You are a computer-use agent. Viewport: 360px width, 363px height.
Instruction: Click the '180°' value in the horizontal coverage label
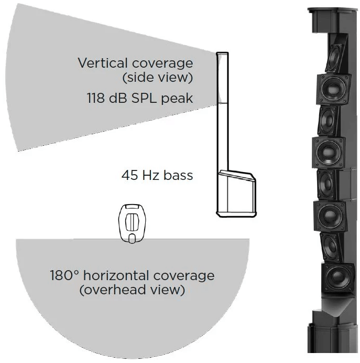point(64,275)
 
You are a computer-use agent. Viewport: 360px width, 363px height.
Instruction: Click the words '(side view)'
point(157,78)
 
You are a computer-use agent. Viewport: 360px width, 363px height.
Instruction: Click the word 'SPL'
point(142,98)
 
